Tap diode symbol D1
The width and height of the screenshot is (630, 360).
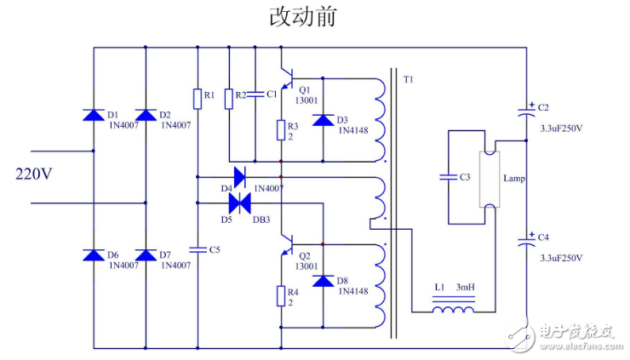(x=93, y=115)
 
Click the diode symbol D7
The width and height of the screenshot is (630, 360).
(x=146, y=254)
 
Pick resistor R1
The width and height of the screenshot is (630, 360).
(x=198, y=99)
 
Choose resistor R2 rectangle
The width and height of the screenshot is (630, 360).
(x=228, y=99)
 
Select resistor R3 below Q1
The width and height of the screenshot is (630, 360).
(x=280, y=130)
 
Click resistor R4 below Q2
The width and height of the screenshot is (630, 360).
(x=280, y=295)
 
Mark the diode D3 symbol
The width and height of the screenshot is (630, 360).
(x=322, y=119)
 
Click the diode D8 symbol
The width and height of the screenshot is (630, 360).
(x=322, y=281)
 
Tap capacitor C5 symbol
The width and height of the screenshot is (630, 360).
(x=198, y=249)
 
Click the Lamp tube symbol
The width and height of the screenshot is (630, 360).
(x=490, y=179)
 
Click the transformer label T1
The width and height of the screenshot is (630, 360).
(x=408, y=80)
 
